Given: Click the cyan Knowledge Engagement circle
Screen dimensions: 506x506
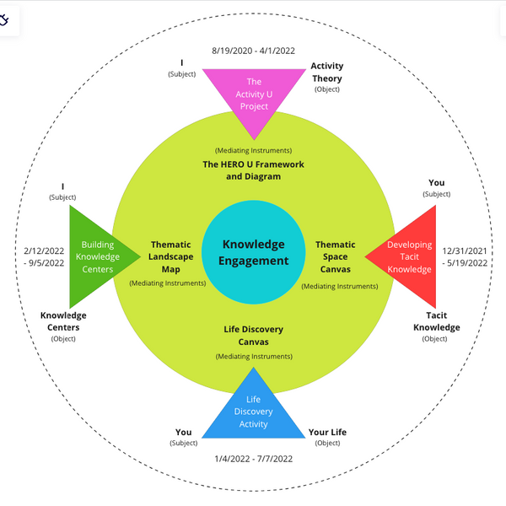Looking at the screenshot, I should (x=253, y=252).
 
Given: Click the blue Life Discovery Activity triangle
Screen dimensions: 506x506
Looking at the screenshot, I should (x=254, y=409).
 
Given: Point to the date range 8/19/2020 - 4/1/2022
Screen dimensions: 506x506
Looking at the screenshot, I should (x=253, y=49).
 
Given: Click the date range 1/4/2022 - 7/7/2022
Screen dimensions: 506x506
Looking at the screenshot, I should (x=253, y=459).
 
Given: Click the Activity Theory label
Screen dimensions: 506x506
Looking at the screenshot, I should (x=326, y=72).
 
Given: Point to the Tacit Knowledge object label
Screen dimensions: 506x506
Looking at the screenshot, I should (x=436, y=320).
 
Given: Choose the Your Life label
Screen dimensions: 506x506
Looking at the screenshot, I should (x=327, y=433).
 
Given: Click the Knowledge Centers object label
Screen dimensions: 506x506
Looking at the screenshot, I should (x=63, y=320).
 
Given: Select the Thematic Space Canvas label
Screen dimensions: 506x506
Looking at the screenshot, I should (x=336, y=256).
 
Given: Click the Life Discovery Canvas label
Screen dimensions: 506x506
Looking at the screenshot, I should (x=253, y=335).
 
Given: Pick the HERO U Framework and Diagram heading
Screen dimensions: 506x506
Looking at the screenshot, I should (x=253, y=170).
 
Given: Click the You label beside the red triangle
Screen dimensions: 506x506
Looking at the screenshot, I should (x=437, y=183).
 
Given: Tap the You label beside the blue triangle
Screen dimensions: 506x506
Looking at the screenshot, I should (x=183, y=433).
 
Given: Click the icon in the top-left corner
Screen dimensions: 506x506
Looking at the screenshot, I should (x=4, y=19).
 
